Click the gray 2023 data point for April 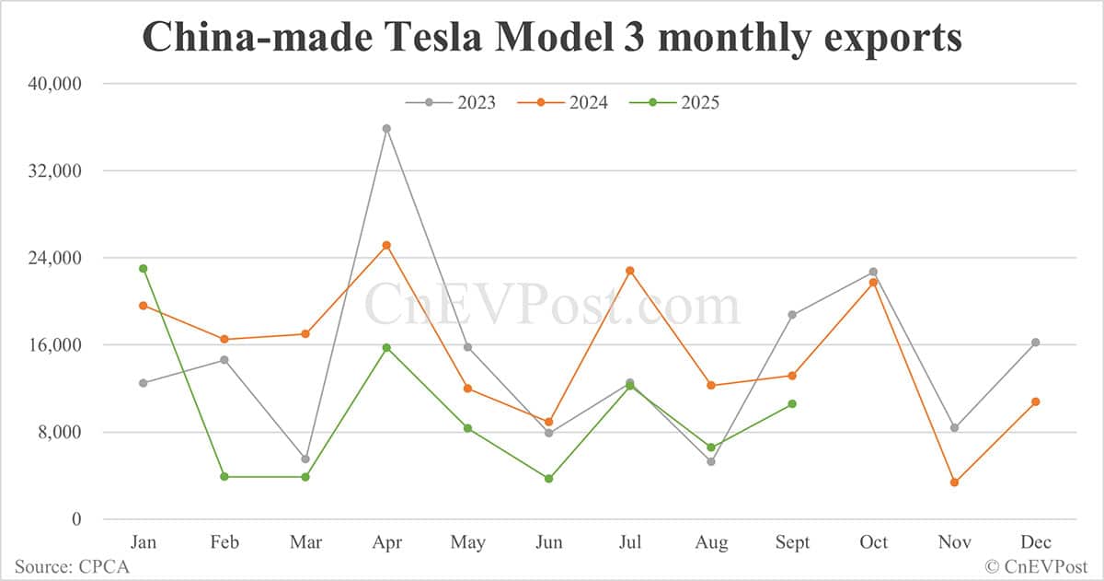(x=386, y=129)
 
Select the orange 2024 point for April (x=386, y=246)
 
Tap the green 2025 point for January (x=143, y=269)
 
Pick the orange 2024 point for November (x=954, y=482)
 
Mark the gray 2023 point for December (x=1035, y=343)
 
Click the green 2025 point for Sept (x=792, y=404)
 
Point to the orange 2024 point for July (x=630, y=271)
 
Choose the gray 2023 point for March (x=305, y=459)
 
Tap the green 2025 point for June (x=549, y=479)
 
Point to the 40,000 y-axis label (x=55, y=84)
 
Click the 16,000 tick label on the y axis (x=55, y=345)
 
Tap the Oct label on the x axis (x=873, y=542)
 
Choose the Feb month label (x=224, y=542)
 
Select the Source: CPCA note (x=72, y=566)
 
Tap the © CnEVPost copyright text (x=1037, y=566)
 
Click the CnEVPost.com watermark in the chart (x=552, y=305)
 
